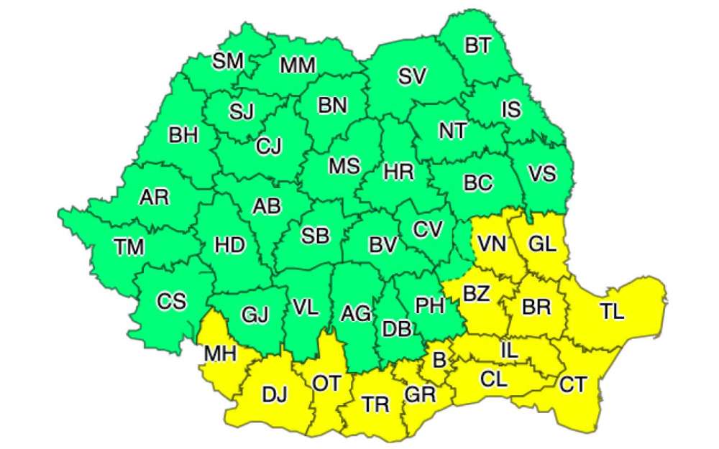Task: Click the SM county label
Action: (228, 61)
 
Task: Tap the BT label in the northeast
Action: (477, 47)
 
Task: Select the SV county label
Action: (413, 77)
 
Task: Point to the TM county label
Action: (129, 248)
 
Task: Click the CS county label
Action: (172, 302)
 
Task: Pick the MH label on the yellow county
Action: (220, 354)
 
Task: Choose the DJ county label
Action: (274, 394)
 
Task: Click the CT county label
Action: (573, 384)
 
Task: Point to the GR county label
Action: (420, 394)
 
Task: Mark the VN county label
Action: (493, 244)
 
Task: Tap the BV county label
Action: (383, 245)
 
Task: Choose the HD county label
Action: (229, 245)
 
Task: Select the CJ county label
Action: (269, 146)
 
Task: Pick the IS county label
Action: (510, 109)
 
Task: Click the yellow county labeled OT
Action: (326, 383)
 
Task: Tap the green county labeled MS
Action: (344, 166)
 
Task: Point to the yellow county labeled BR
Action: (536, 307)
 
